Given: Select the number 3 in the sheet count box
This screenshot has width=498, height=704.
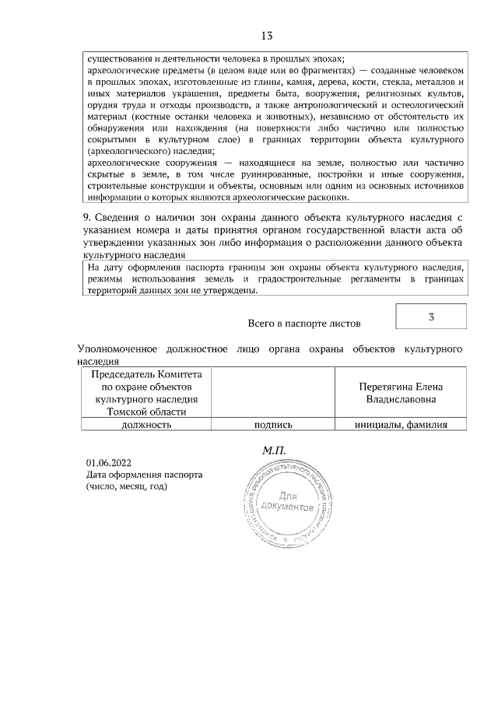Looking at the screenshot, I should [431, 317].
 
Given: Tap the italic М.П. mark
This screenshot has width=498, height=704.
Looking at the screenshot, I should [275, 450].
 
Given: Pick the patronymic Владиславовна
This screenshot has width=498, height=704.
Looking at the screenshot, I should [401, 399].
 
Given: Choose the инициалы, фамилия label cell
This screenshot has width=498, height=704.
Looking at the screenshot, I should [400, 425].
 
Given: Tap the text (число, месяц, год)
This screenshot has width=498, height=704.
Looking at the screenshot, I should [127, 486].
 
